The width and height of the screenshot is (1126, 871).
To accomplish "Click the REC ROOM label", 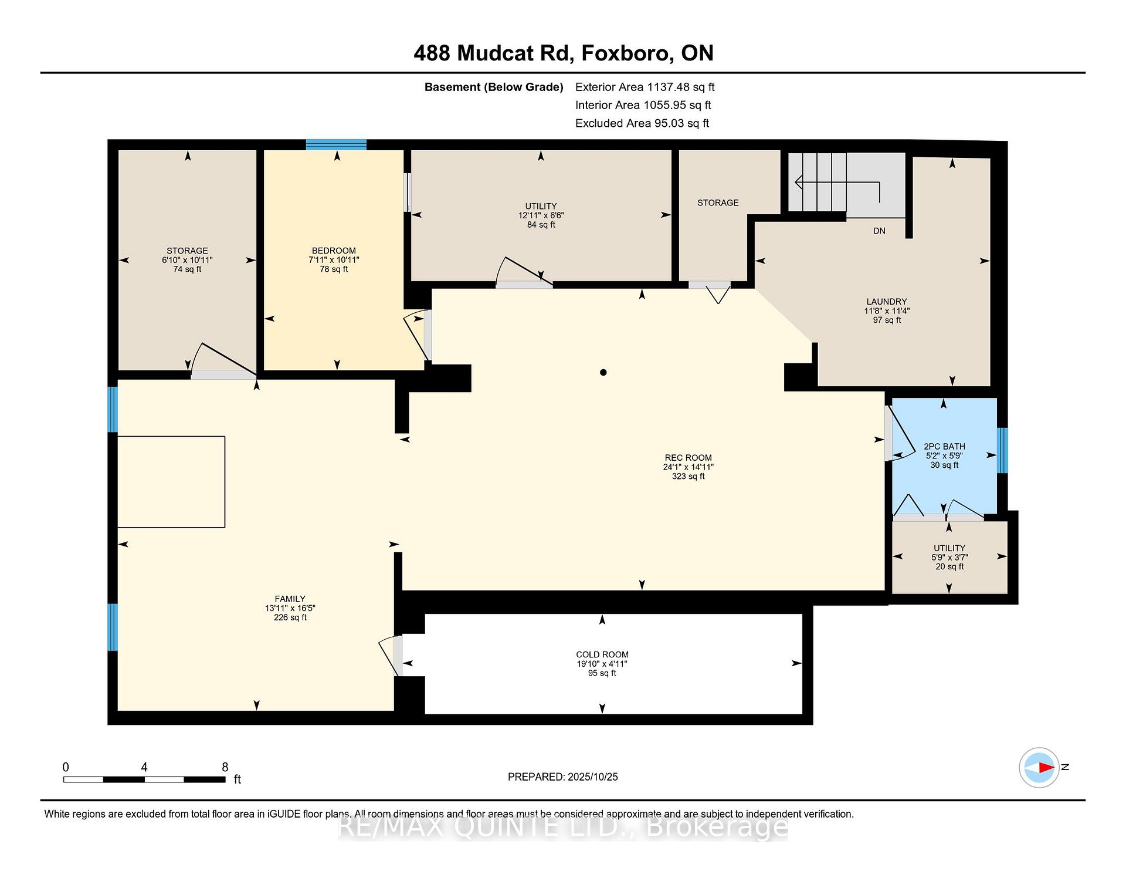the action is click(x=688, y=458).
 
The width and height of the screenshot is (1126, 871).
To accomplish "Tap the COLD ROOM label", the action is click(x=602, y=654).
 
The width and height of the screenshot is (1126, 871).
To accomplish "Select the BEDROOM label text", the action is click(x=334, y=251).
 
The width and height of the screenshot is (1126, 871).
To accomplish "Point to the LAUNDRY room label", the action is click(x=886, y=302).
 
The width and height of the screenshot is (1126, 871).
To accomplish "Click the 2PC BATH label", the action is click(x=944, y=447).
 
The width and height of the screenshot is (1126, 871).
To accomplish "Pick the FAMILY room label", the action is click(x=290, y=599).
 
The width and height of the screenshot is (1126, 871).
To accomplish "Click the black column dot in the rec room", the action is click(x=603, y=372).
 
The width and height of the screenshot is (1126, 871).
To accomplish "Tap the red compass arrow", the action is click(x=1046, y=767).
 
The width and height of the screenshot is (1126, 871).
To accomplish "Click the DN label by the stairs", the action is click(x=879, y=231).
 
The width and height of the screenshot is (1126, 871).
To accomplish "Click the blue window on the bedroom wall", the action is click(x=336, y=145).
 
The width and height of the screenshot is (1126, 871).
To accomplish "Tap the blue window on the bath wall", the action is click(x=1002, y=450).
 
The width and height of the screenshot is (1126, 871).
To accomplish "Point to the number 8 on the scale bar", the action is click(x=225, y=767).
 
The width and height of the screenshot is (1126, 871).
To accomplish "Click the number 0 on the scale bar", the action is click(x=66, y=767).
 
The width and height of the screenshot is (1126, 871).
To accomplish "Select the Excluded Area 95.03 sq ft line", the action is click(x=642, y=123).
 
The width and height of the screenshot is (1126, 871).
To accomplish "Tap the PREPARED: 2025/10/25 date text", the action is click(x=563, y=777).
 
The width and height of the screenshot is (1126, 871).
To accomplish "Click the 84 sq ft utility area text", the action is click(x=541, y=225).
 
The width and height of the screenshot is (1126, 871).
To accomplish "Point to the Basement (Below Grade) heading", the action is click(x=494, y=87).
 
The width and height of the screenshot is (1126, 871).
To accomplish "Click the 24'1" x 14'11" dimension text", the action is click(x=689, y=467).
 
